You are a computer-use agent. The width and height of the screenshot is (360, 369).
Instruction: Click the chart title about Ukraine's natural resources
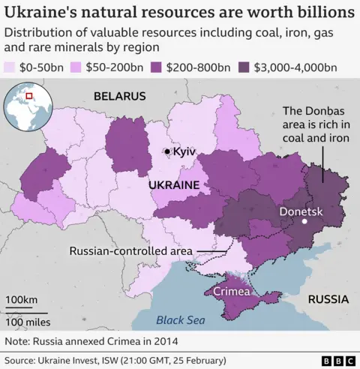(x=180, y=13)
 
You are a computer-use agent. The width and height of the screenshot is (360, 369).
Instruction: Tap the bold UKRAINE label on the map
(x=174, y=184)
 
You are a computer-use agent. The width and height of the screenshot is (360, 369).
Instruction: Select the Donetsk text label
(x=301, y=211)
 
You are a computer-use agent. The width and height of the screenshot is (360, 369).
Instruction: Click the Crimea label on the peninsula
(x=232, y=291)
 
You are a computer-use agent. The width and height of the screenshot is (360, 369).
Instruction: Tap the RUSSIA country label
(x=328, y=299)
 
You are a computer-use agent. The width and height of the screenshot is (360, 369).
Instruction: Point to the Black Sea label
(x=180, y=321)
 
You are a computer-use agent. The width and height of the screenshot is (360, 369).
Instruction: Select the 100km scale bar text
(x=21, y=301)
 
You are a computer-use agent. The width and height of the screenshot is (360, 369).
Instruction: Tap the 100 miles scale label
(x=28, y=322)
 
